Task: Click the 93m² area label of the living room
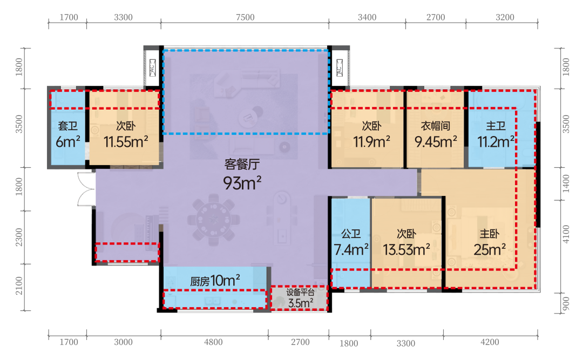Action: [x=242, y=183]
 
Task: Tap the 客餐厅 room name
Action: [x=242, y=164]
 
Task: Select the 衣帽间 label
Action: [x=436, y=126]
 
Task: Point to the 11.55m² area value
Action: [x=126, y=142]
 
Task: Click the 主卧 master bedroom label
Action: [x=489, y=234]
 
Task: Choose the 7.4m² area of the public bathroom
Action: [x=351, y=249]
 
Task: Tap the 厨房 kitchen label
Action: [x=200, y=282]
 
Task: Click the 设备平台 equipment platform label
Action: [x=300, y=293]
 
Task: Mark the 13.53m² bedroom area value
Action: [x=406, y=249]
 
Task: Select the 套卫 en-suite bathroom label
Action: [x=67, y=126]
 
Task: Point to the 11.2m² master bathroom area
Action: [x=496, y=142]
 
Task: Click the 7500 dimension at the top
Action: [x=245, y=17]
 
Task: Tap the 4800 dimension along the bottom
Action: [x=213, y=342]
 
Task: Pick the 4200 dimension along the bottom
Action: [x=490, y=342]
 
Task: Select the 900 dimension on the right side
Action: [x=566, y=303]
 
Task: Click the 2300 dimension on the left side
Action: [x=19, y=237]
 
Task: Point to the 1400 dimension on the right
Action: [x=566, y=184]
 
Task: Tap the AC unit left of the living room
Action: [x=152, y=68]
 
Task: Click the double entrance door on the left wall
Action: [x=86, y=189]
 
